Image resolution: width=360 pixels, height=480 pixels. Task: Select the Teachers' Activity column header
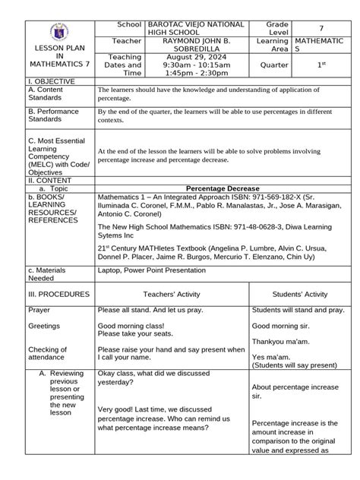[x=177, y=294]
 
